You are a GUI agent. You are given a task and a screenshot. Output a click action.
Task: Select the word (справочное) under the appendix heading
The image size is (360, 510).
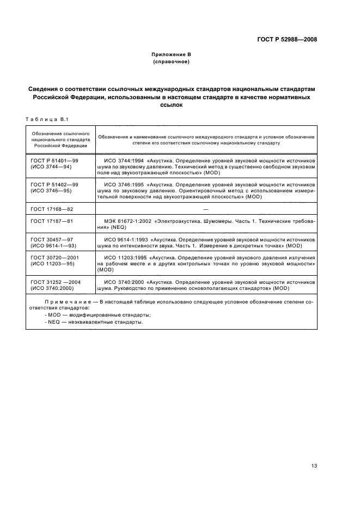point(171,62)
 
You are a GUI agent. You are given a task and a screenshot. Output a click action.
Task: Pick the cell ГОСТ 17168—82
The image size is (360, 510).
point(52,208)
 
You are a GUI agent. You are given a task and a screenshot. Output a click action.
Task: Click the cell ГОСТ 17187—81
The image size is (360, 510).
point(52,222)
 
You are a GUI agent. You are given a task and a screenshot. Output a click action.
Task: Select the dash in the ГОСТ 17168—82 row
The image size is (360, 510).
point(205,209)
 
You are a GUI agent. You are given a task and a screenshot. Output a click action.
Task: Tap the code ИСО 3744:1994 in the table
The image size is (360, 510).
point(124,161)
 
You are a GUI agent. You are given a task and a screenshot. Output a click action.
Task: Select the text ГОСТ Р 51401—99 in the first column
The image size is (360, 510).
point(55,161)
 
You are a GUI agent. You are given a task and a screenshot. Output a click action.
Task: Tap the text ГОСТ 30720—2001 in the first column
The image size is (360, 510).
point(54,257)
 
